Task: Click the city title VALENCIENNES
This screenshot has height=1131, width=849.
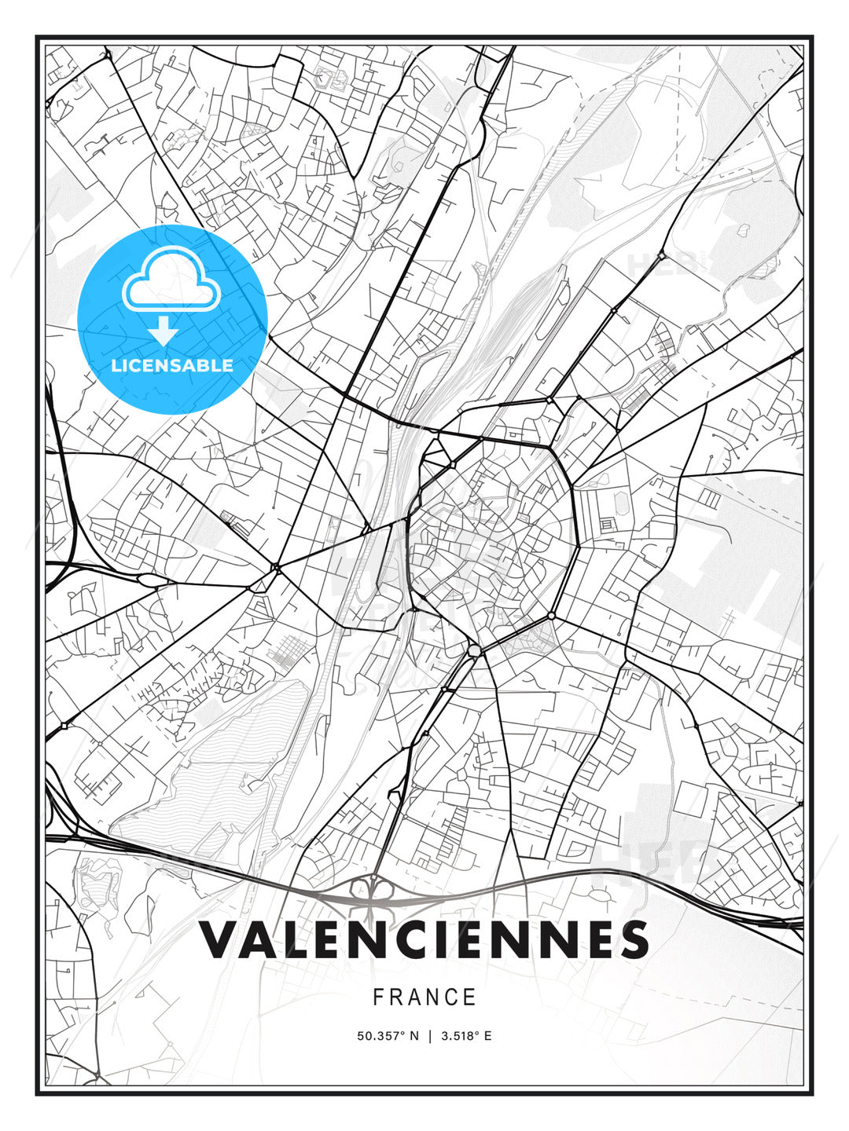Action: [424, 939]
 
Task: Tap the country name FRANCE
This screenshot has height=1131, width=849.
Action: [424, 997]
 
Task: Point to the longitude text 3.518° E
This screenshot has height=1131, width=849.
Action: [466, 1036]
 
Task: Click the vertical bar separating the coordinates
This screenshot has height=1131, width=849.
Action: [430, 1036]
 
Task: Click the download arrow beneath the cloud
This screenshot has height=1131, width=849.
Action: [164, 331]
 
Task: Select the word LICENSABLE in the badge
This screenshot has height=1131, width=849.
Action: [172, 365]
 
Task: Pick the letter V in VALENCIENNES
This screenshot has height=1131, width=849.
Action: [221, 939]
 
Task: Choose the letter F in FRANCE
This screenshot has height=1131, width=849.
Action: [378, 997]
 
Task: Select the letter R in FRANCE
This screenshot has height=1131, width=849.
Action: [397, 997]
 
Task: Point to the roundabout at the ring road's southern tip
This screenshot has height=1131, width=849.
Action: [474, 651]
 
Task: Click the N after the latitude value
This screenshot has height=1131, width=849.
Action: [413, 1036]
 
